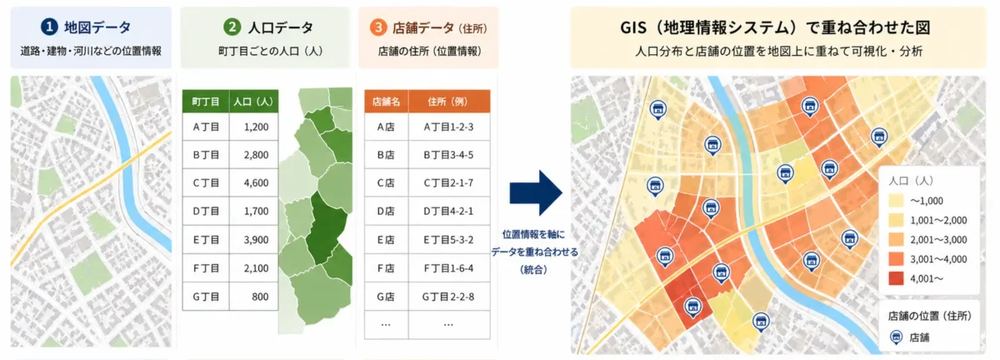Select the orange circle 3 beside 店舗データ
[x=379, y=27]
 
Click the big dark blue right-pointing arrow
[x=537, y=192]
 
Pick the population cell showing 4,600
[x=256, y=182]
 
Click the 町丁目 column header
[x=205, y=101]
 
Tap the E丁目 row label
[x=205, y=240]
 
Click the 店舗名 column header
[x=385, y=101]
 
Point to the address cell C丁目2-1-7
[x=448, y=182]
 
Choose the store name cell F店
[x=385, y=268]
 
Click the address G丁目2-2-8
[x=448, y=297]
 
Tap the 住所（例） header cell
[x=448, y=101]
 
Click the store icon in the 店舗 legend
[x=896, y=337]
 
